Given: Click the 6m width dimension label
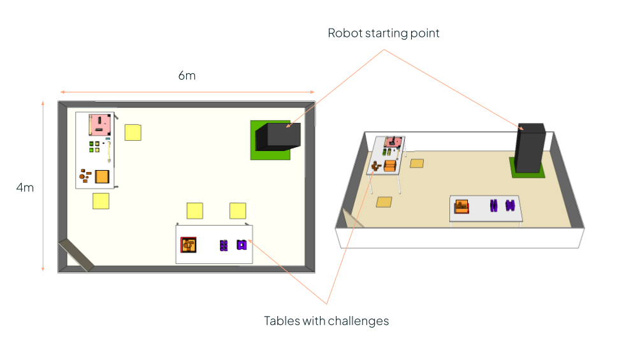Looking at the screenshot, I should tap(187, 75).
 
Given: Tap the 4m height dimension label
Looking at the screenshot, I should tap(25, 187).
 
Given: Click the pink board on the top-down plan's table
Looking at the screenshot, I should tap(100, 124).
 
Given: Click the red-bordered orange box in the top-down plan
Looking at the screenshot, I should tap(189, 245).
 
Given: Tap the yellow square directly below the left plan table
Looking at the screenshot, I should tap(101, 201).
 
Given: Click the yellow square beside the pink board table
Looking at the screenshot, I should tap(133, 132).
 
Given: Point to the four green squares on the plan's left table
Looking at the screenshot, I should tap(94, 146).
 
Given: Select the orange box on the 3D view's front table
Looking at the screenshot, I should tap(461, 206).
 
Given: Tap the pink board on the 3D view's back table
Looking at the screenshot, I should tap(393, 141).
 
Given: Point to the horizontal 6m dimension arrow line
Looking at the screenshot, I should tap(187, 92).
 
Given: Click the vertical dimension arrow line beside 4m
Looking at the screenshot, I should tap(43, 185).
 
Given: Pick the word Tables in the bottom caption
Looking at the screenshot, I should tap(279, 321).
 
